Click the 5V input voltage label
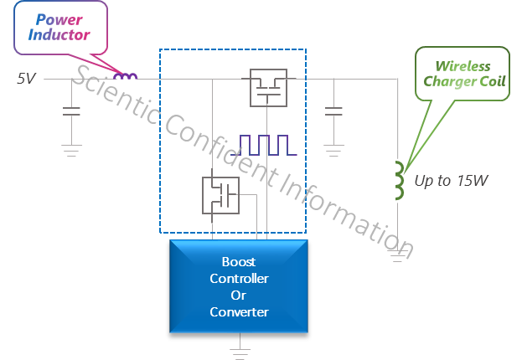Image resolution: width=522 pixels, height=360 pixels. tap(26, 79)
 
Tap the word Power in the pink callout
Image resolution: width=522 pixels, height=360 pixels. tap(59, 20)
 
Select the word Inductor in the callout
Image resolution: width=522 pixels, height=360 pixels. tap(59, 34)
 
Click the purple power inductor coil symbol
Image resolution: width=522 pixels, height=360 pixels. tap(125, 76)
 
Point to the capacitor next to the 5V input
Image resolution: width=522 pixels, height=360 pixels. tap(71, 111)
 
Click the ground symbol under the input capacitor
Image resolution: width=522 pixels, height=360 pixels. tap(71, 151)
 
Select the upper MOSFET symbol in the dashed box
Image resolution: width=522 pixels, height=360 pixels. tap(268, 88)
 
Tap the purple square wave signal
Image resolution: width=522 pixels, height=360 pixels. tap(264, 145)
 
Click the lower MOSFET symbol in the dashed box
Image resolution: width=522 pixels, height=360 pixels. tap(220, 195)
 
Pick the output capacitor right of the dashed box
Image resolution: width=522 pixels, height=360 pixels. tap(333, 111)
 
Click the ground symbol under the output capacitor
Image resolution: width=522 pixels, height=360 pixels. tap(333, 151)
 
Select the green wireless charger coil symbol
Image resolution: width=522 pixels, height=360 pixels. tap(399, 180)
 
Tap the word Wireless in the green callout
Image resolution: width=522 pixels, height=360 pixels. tap(463, 66)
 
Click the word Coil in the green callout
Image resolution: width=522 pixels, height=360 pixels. tap(493, 81)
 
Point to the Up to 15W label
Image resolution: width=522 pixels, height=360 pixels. tap(451, 181)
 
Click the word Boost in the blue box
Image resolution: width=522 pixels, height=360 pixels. tap(239, 262)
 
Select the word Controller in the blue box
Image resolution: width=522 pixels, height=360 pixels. tap(239, 279)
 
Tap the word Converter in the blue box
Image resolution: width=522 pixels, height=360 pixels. tap(239, 312)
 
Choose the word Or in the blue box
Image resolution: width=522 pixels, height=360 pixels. tap(238, 296)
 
